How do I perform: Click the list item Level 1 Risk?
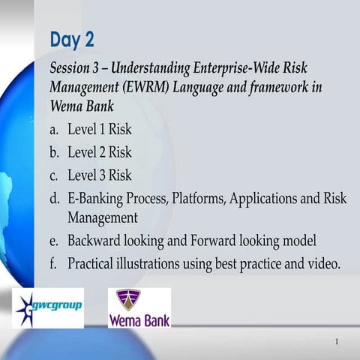(x=99, y=129)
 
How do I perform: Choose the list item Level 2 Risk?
(x=99, y=152)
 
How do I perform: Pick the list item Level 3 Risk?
(x=99, y=175)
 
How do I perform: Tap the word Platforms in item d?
(x=197, y=199)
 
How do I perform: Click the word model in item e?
(x=299, y=241)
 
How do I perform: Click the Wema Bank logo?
(x=139, y=308)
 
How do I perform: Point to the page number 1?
(x=337, y=342)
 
